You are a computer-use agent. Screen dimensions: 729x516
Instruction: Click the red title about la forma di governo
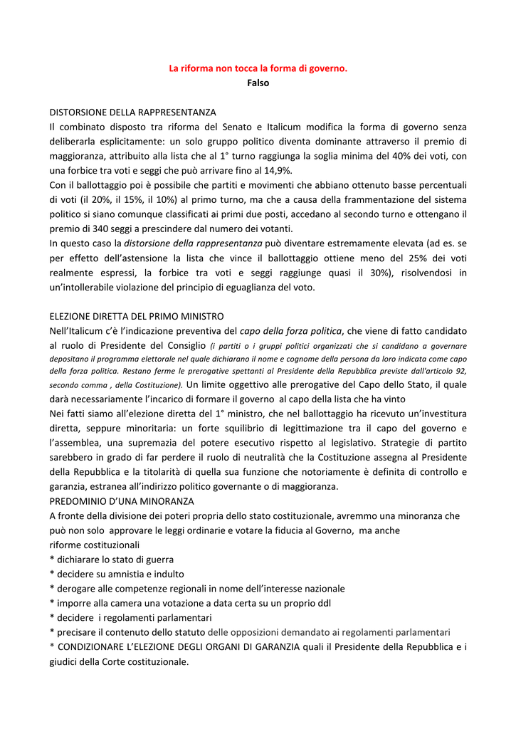tap(258, 68)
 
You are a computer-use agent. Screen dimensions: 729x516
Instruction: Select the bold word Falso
tap(258, 83)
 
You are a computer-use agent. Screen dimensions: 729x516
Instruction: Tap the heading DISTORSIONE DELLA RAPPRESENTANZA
tap(132, 112)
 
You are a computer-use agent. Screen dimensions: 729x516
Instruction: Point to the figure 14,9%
tap(278, 170)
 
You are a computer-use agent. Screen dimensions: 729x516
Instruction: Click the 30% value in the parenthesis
tap(382, 273)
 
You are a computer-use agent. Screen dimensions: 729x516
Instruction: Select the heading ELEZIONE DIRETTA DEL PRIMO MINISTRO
tap(137, 316)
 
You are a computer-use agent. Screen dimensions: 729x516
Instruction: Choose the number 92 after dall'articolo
tap(460, 371)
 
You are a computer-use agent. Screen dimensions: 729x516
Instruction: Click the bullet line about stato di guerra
tap(112, 559)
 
